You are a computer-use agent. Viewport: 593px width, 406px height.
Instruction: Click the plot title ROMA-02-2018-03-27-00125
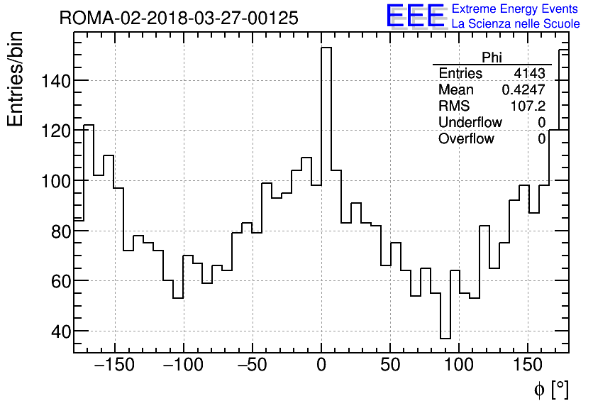[x=179, y=18]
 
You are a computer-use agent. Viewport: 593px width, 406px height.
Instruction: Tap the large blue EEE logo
[x=415, y=16]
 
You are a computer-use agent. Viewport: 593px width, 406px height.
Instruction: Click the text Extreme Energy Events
[x=516, y=9]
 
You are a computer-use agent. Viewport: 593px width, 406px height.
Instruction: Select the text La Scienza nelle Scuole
[x=516, y=24]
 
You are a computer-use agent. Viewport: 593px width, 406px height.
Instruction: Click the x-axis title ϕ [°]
[x=551, y=389]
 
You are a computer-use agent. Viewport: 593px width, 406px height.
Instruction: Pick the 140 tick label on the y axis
[x=54, y=81]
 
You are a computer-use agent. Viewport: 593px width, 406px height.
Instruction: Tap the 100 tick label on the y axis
[x=54, y=181]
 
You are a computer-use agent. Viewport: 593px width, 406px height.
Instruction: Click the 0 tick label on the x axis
[x=321, y=366]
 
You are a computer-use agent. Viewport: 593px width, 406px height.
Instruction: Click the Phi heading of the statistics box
[x=492, y=57]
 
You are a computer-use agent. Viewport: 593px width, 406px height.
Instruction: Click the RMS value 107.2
[x=528, y=106]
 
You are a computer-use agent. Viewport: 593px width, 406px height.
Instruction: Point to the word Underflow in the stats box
[x=470, y=123]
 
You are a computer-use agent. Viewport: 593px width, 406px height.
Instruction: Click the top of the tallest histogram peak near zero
[x=326, y=48]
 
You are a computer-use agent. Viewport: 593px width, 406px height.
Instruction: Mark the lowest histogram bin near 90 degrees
[x=445, y=339]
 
